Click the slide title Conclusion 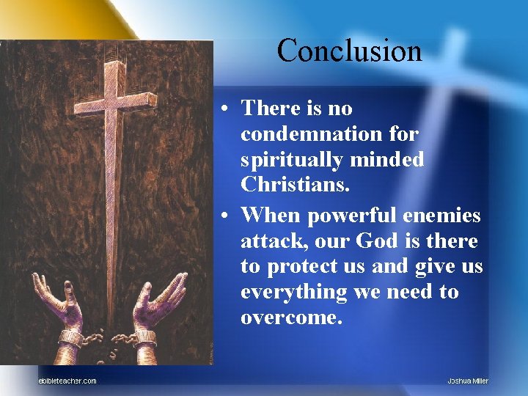tap(350, 51)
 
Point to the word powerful tap(345, 215)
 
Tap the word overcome tap(291, 318)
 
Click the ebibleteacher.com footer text tap(67, 380)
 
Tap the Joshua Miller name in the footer tap(468, 380)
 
